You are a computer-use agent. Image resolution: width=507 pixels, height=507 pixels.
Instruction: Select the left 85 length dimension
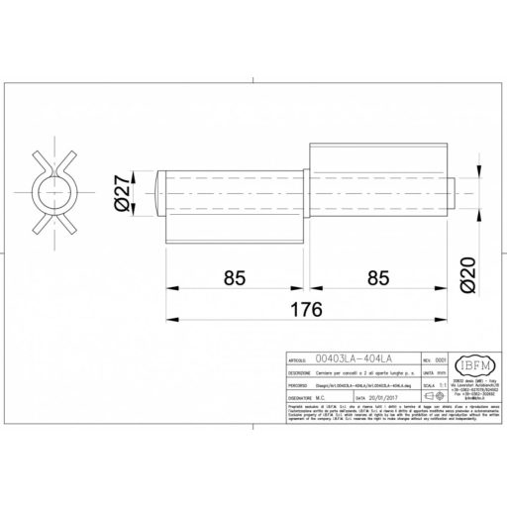pos(234,279)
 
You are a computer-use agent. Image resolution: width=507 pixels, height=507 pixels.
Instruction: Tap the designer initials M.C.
pos(324,403)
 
